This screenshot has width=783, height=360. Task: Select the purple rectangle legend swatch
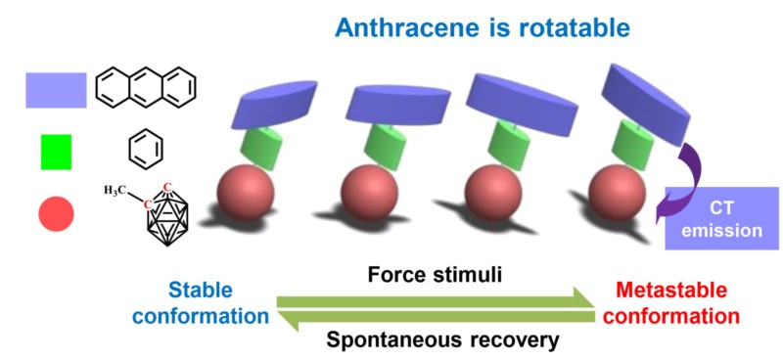click(x=56, y=90)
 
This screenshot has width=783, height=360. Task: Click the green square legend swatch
click(x=56, y=152)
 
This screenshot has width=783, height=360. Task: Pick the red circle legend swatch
click(x=56, y=213)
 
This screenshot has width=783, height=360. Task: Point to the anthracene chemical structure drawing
click(x=145, y=89)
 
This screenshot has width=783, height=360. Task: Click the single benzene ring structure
click(x=146, y=150)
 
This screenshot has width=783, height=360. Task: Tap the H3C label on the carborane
click(x=115, y=190)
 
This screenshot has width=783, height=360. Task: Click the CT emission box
click(x=721, y=218)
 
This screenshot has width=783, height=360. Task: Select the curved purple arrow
click(x=693, y=175)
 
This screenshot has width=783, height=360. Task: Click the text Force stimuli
click(x=434, y=275)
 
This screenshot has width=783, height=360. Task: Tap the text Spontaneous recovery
click(x=441, y=340)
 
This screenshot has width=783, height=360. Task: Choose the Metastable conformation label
click(x=677, y=302)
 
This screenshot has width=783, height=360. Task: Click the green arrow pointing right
click(x=436, y=298)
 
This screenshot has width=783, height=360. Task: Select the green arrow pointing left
click(x=436, y=320)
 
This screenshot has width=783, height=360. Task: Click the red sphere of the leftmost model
click(x=246, y=193)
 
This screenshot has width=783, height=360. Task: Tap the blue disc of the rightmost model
click(x=646, y=105)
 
